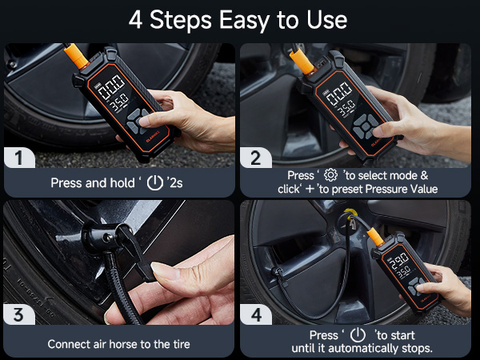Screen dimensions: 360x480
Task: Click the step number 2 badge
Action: tap(256, 157)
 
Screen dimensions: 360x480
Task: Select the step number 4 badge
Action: tap(256, 314)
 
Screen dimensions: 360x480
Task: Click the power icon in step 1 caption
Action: tap(155, 182)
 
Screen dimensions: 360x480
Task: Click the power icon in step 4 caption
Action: tap(358, 335)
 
